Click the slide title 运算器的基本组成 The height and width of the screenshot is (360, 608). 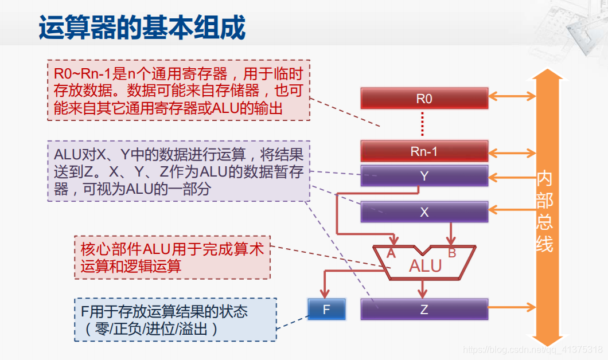(x=142, y=28)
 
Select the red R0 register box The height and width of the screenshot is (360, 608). (x=424, y=99)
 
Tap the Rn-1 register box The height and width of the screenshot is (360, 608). (x=424, y=151)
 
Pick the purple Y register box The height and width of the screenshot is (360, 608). (x=424, y=176)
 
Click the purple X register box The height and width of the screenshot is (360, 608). (x=424, y=212)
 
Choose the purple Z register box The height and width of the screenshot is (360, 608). (x=424, y=310)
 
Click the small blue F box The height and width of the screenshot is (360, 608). (x=326, y=310)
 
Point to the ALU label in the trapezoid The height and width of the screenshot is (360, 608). (x=425, y=266)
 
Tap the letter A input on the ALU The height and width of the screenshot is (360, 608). (x=392, y=253)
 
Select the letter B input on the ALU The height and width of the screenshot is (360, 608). (x=452, y=253)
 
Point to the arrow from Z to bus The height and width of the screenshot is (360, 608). (x=511, y=310)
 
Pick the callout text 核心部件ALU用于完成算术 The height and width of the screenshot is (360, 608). (x=172, y=250)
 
